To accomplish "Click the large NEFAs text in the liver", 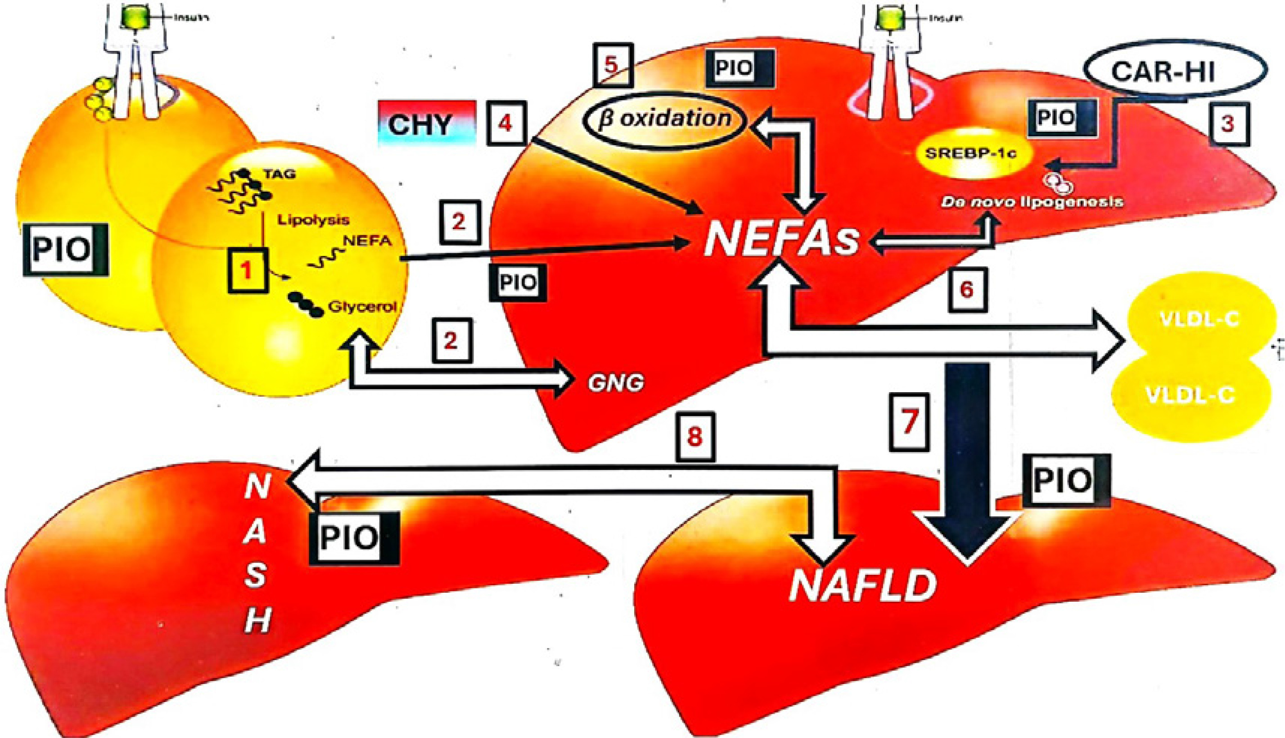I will pos(781,240).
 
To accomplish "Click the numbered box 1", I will pos(248,270).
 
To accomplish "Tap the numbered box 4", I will pos(505,123).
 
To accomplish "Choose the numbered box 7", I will pos(909,422).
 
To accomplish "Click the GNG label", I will pos(615,383).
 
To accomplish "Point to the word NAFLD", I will pos(862,586).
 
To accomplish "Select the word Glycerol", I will pos(361,307).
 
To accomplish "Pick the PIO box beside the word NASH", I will pos(354,538).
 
